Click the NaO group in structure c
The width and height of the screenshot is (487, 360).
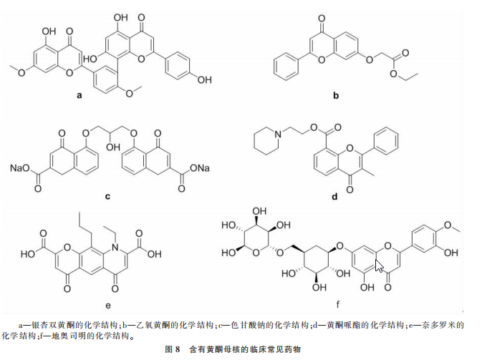point(20,168)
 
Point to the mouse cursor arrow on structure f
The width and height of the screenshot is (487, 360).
point(380,266)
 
